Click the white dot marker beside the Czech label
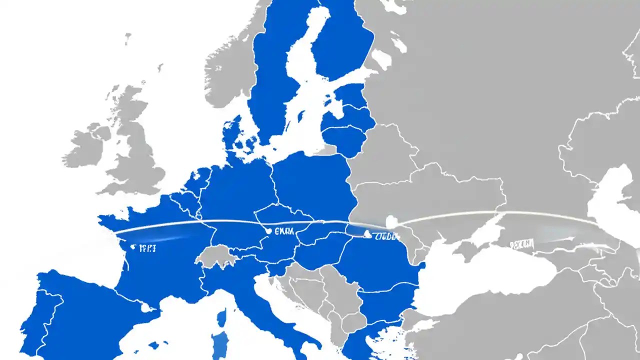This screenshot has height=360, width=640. coord(269,231)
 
